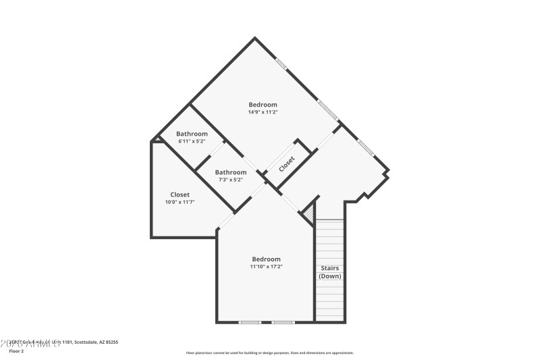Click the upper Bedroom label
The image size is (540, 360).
[x=263, y=104]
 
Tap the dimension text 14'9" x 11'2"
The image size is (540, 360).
[x=263, y=112]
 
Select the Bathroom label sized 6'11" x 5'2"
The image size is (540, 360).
[x=192, y=134]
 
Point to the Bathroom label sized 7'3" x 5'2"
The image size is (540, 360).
[x=231, y=172]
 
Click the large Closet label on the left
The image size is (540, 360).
[x=180, y=195]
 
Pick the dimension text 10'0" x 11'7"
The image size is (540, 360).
[x=180, y=202]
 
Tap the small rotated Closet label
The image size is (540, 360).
[x=287, y=163]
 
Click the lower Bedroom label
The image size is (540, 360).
[x=266, y=259]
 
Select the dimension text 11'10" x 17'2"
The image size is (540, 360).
[x=266, y=267]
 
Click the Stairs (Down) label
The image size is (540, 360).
[x=330, y=272]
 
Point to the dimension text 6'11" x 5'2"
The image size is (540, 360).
[x=192, y=142]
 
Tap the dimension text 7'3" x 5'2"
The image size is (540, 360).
[x=231, y=180]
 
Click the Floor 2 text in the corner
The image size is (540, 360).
[x=16, y=351]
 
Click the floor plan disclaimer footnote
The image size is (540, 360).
[x=270, y=353]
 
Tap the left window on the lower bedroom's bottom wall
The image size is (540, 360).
[x=250, y=322]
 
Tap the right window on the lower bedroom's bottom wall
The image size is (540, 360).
[x=283, y=322]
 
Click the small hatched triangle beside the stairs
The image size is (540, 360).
[x=310, y=214]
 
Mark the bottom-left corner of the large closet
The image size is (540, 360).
[x=151, y=237]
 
